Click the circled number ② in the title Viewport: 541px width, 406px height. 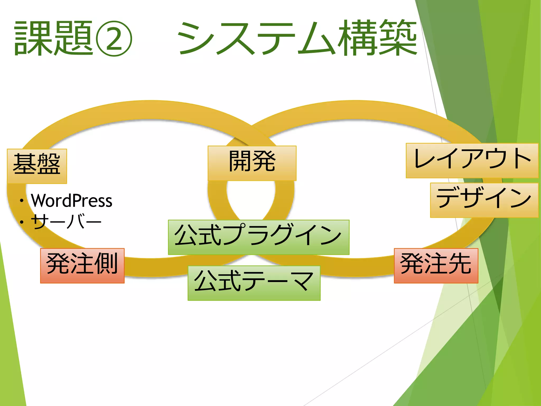click(x=114, y=39)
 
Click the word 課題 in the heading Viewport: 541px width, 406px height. click(x=54, y=39)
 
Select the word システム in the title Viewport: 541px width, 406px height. click(x=256, y=39)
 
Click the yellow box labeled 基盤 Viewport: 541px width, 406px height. click(x=37, y=166)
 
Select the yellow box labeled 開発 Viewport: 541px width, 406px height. click(x=252, y=163)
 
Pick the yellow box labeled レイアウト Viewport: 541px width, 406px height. click(x=472, y=160)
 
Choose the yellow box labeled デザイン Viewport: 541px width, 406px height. click(x=484, y=200)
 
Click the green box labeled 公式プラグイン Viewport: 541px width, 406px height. click(x=259, y=237)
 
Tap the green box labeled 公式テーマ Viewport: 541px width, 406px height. click(x=254, y=283)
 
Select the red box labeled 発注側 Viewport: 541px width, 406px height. click(x=82, y=265)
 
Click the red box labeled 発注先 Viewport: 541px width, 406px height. click(x=436, y=265)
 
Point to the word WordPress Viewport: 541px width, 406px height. click(x=72, y=201)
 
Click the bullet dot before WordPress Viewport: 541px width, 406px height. click(x=22, y=201)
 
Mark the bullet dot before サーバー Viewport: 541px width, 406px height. click(x=22, y=222)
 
